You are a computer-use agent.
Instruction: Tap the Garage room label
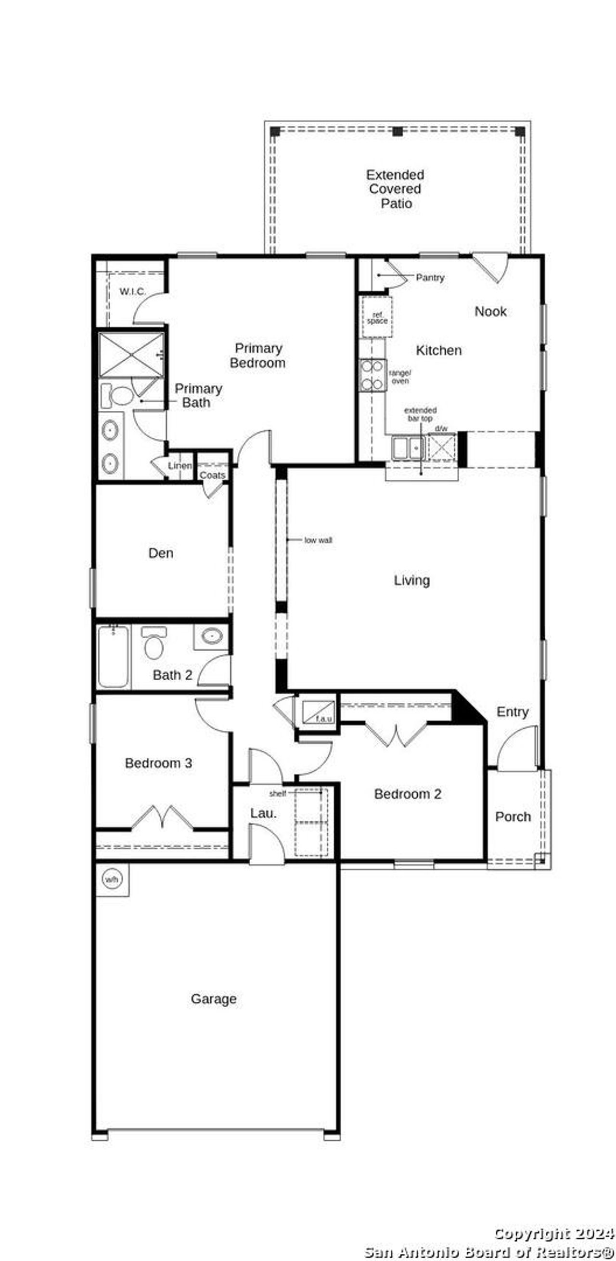tap(213, 998)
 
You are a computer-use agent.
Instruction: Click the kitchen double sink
tap(408, 448)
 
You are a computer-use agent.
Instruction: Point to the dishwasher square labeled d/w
tap(442, 447)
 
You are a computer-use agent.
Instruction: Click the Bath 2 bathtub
tap(113, 657)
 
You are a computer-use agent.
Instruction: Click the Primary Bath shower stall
tap(131, 355)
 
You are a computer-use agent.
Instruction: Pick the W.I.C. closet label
tap(133, 292)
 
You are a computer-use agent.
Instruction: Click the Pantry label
tap(430, 277)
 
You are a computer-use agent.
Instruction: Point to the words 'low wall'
tap(318, 540)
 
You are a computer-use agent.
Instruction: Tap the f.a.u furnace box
tap(318, 712)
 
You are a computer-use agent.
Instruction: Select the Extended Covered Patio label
tap(395, 189)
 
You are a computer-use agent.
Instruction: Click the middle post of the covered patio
tap(398, 131)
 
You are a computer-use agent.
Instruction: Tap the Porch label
tap(513, 816)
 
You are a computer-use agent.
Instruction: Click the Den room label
tap(160, 553)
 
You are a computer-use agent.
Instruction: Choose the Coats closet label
tap(212, 475)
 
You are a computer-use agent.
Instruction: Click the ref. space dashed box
tap(377, 317)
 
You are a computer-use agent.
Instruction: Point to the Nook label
tap(490, 311)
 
